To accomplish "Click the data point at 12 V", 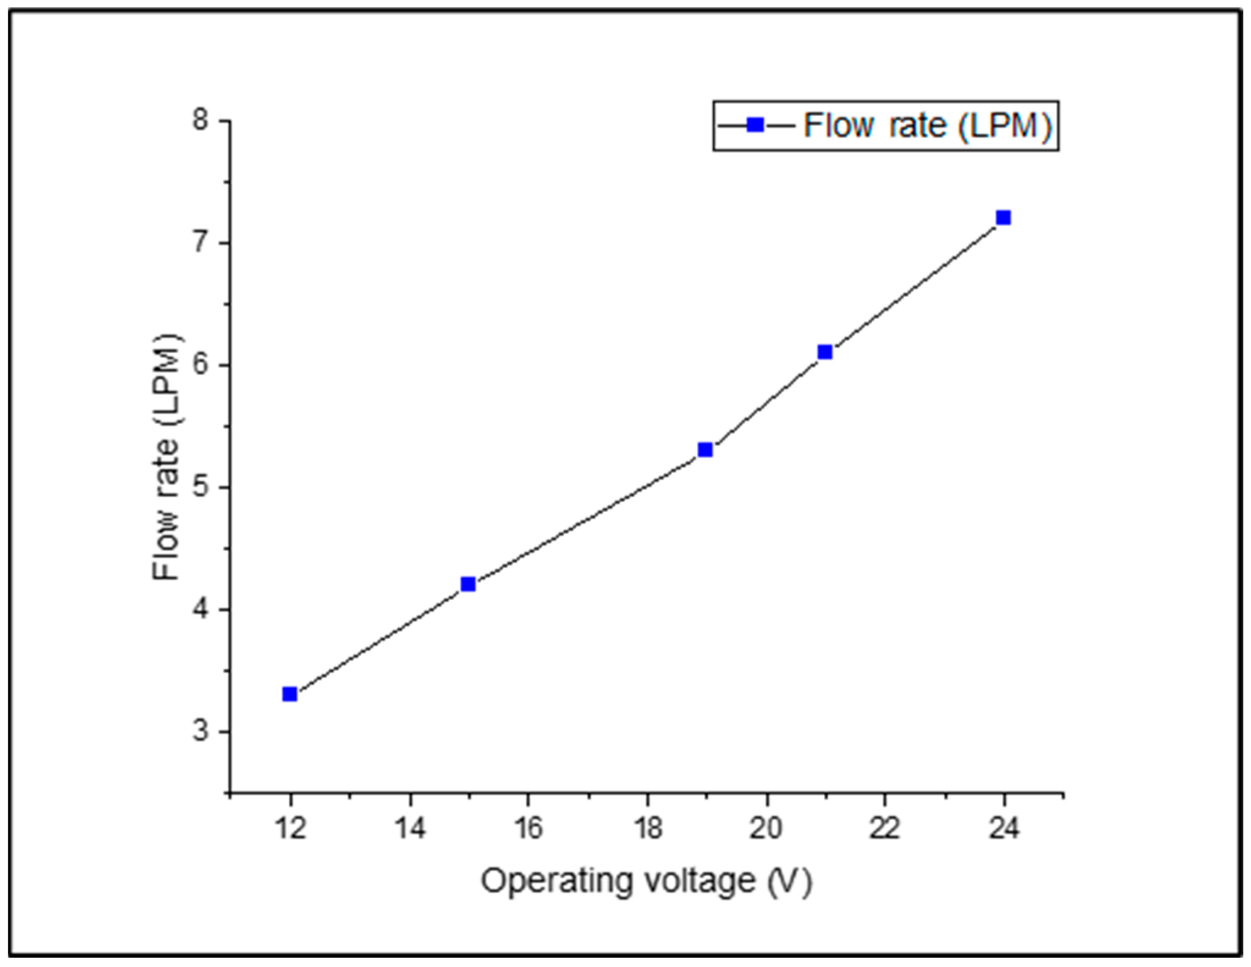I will (290, 694).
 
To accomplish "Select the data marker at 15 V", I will (468, 584).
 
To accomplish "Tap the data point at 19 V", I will (705, 450).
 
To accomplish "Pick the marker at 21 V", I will (825, 352).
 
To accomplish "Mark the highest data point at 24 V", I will (1003, 217).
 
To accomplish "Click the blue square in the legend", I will (756, 125).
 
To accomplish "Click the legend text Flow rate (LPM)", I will (927, 125).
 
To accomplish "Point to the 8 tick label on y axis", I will (200, 120).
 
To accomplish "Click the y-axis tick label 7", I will (200, 243).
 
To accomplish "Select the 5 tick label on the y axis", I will (200, 487).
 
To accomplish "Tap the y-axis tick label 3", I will (200, 732).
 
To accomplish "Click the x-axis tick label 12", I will (290, 829).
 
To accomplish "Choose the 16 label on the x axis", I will (527, 829).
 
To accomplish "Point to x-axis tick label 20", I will (766, 829).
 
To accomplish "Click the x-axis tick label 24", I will (1003, 829).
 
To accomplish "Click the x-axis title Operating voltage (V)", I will (646, 882).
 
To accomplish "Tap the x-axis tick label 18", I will (647, 829).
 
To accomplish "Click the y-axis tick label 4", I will (200, 610).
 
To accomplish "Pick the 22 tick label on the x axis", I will (884, 829).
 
